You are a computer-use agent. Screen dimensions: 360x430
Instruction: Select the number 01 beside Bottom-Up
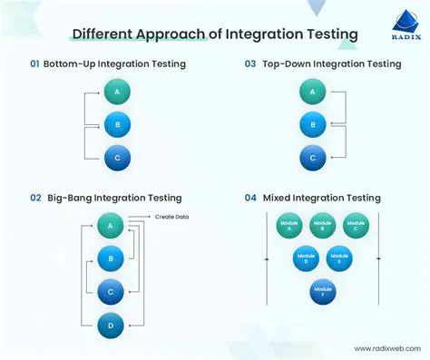pos(35,64)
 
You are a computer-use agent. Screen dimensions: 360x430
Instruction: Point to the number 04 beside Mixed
pos(250,198)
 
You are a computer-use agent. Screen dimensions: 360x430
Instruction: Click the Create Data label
pos(172,217)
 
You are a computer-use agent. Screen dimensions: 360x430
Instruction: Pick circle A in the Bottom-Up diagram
pos(115,91)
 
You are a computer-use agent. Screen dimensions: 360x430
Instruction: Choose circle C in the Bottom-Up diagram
pos(115,157)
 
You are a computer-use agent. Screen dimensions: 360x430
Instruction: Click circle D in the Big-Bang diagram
pos(111,324)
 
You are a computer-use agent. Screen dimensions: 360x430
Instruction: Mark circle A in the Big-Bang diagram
pos(111,226)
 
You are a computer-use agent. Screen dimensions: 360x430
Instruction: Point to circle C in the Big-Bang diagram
pos(111,291)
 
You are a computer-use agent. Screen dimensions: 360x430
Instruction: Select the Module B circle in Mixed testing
pos(322,226)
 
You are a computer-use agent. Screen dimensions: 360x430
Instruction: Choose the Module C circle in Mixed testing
pos(356,226)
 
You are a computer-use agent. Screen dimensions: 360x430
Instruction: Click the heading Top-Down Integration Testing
pos(330,64)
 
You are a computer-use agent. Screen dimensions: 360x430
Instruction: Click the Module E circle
pos(339,259)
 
